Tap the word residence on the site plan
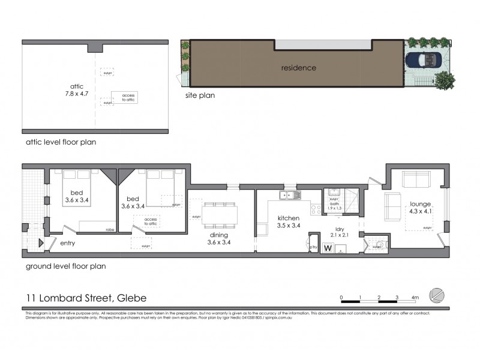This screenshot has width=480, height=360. [298, 68]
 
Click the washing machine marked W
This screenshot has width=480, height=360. [328, 247]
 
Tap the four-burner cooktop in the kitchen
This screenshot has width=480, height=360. [315, 209]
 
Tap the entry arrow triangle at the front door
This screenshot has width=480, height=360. [41, 243]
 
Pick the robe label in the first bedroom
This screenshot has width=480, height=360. [110, 229]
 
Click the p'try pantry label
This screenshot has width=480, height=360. [313, 247]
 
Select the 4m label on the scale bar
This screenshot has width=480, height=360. [415, 297]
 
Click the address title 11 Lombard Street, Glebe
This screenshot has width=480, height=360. [86, 298]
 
